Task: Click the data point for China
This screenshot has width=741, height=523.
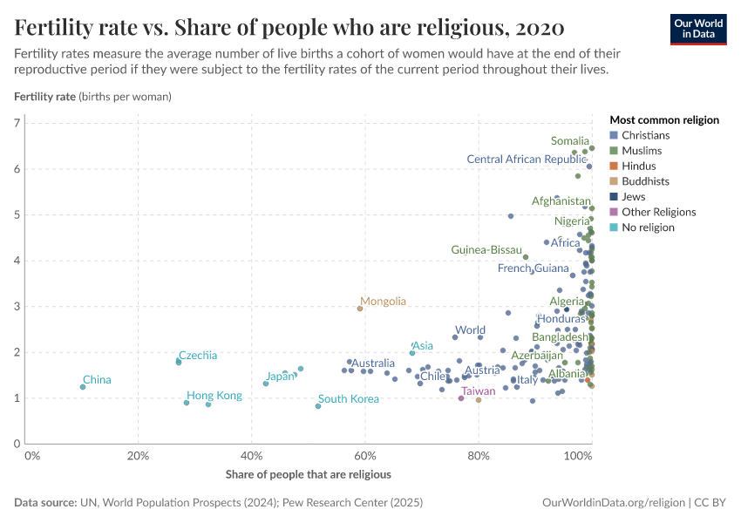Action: point(83,387)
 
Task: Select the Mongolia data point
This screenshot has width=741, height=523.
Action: point(360,309)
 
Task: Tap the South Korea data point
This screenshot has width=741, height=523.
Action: point(318,406)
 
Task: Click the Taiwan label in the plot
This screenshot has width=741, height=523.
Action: point(478,391)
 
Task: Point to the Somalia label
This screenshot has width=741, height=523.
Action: point(570,140)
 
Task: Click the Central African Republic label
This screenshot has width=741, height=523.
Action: point(527,159)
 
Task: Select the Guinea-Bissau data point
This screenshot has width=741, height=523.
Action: point(526,257)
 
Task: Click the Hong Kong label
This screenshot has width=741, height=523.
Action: point(214,396)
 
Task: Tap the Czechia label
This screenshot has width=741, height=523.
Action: point(199,355)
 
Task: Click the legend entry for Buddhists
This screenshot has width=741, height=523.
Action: point(645,181)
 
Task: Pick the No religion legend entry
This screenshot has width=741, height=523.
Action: point(647,228)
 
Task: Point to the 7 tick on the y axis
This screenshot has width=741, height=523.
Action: point(17,123)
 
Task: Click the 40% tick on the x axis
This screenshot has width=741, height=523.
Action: point(251,456)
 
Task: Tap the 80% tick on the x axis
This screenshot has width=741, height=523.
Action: point(479,456)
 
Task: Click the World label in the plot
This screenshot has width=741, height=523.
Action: point(470,330)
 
